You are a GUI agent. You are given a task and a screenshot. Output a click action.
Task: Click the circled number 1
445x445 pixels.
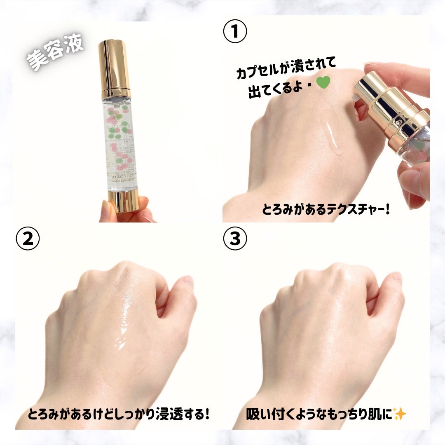click(235, 32)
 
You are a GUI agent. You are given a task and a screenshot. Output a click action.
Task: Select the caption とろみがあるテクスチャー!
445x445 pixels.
click(326, 210)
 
